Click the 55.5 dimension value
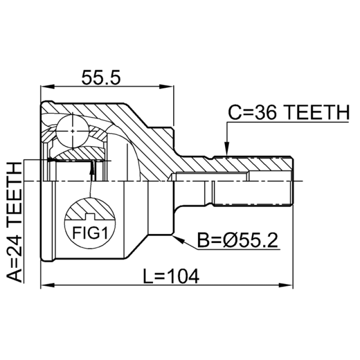[101, 77]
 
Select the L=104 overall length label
[171, 276]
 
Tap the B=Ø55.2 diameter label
[238, 240]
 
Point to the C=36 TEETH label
[288, 112]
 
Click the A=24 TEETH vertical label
[15, 222]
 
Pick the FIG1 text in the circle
[90, 233]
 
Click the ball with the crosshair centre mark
[72, 131]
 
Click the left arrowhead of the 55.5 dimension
[48, 86]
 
